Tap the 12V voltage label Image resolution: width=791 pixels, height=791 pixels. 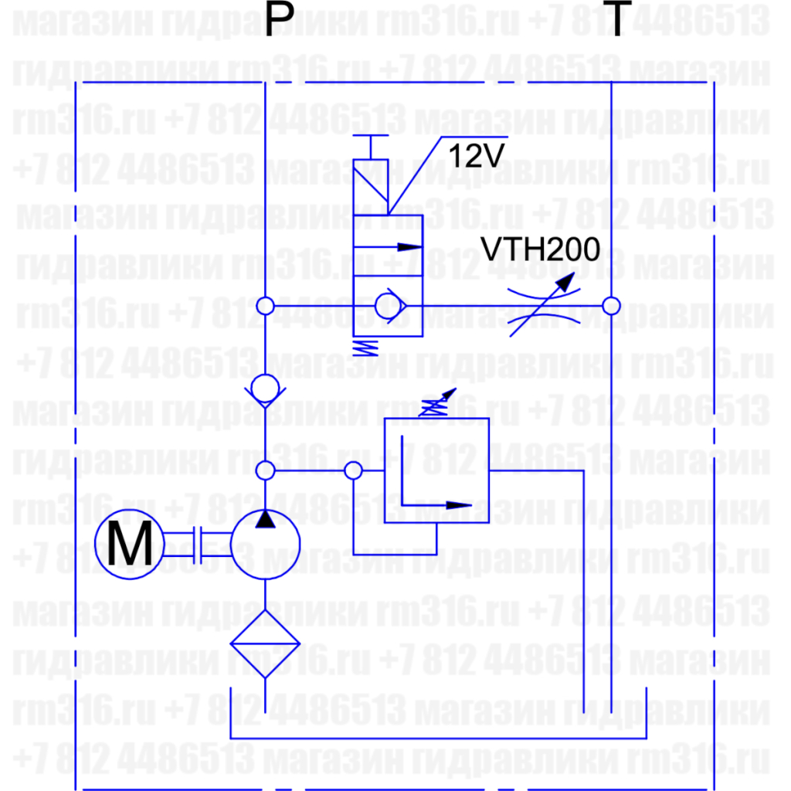(x=476, y=157)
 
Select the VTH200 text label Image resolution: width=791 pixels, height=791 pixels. (x=540, y=250)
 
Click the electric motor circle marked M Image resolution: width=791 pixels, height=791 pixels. (x=129, y=545)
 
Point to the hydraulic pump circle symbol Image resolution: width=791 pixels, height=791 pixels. (x=265, y=545)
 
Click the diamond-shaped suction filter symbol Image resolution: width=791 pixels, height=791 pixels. (x=265, y=643)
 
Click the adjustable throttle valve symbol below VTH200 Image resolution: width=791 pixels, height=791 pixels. (x=545, y=307)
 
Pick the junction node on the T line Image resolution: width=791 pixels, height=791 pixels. (x=611, y=307)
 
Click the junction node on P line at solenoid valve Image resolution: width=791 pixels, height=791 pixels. (x=265, y=307)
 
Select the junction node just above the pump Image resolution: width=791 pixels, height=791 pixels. (x=265, y=470)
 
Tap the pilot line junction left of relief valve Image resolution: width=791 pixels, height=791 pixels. (x=352, y=470)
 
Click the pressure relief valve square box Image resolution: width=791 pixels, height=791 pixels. (x=436, y=470)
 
